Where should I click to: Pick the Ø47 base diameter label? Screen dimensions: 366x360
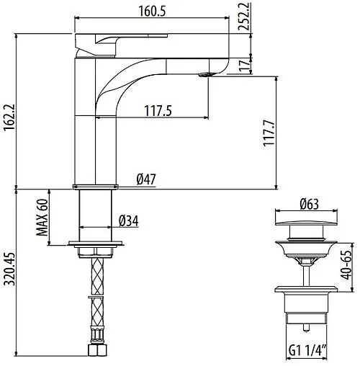[147, 180]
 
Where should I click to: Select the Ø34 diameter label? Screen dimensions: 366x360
[130, 220]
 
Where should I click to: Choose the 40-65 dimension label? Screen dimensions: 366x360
[348, 262]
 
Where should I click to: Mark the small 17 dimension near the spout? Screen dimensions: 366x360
[245, 66]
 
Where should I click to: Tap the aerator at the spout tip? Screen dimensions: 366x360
[207, 73]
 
